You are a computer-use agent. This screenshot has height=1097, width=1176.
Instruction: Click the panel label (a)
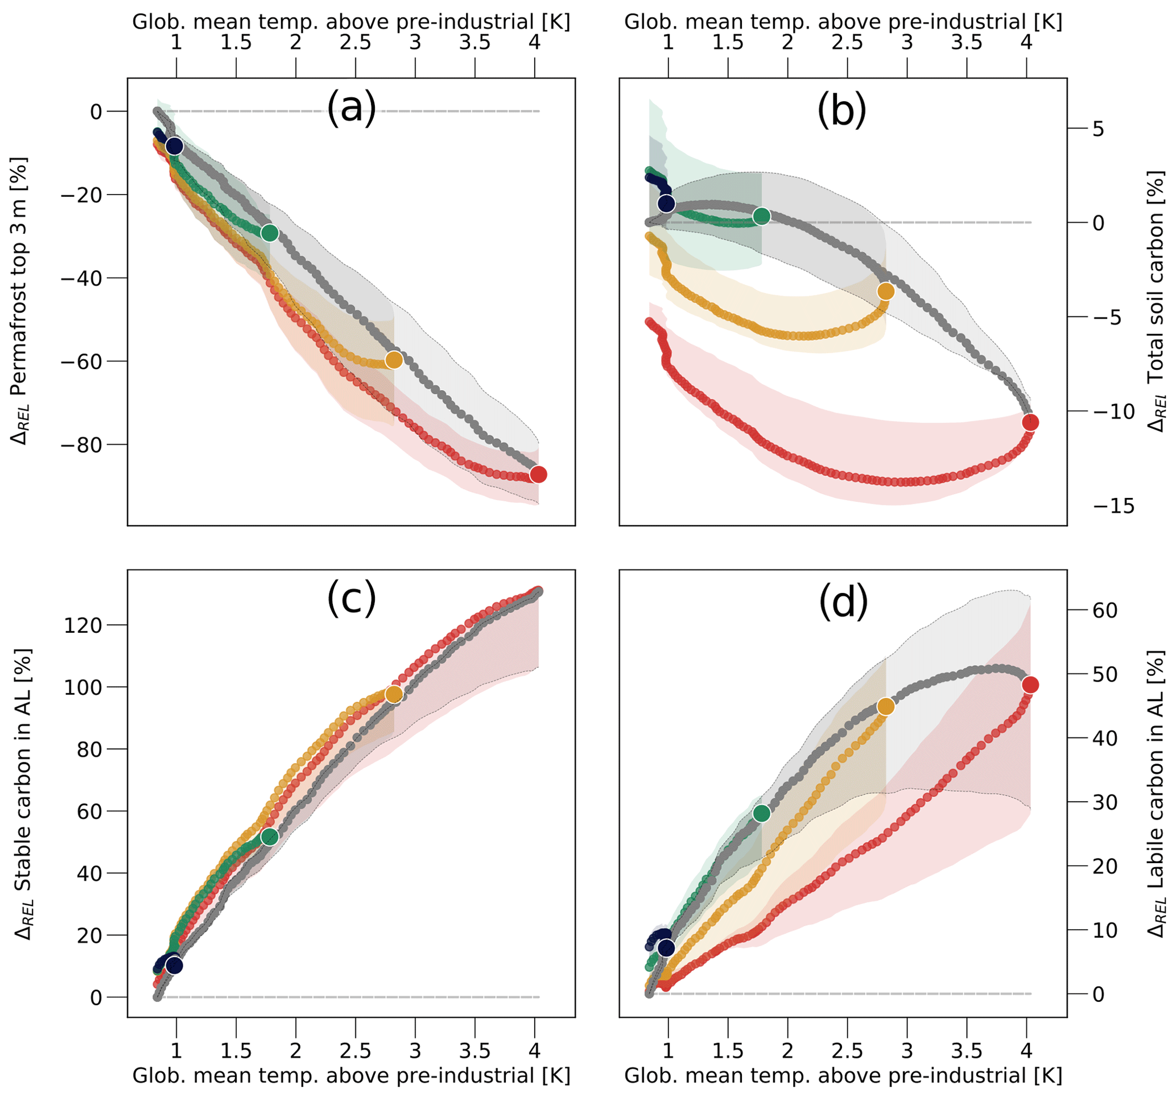tap(352, 109)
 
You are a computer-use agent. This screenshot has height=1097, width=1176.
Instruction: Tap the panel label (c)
tap(352, 599)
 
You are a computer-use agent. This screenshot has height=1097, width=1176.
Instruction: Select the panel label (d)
tap(844, 601)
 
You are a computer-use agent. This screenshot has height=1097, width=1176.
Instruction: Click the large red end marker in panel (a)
tap(538, 475)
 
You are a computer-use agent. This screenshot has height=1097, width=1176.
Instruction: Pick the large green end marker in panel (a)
tap(270, 233)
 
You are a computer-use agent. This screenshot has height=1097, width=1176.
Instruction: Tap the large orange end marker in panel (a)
tap(394, 360)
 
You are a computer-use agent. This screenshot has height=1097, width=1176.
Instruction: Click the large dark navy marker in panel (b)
tap(667, 204)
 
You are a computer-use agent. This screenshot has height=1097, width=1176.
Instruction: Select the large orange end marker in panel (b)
tap(885, 291)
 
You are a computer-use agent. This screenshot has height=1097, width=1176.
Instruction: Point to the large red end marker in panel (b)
tap(1030, 422)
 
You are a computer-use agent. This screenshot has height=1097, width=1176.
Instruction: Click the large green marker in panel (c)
tap(270, 836)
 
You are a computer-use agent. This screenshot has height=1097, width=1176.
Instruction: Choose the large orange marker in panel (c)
tap(394, 694)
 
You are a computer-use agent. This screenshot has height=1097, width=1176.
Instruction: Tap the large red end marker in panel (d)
tap(1030, 685)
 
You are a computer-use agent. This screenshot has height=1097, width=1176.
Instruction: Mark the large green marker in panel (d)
tap(762, 814)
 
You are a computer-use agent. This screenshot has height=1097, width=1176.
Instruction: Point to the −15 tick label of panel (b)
tap(1113, 506)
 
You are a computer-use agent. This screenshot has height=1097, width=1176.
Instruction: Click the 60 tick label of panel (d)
tap(1104, 611)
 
